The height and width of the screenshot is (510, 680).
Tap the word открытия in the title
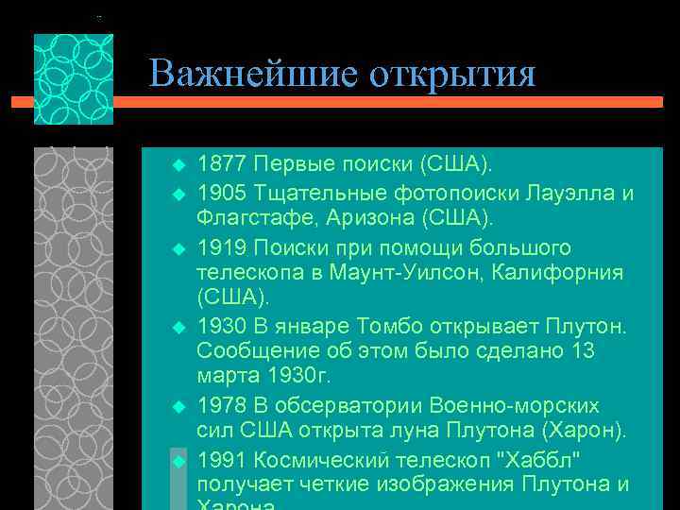coord(447,74)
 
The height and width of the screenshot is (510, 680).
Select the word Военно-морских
coord(514,405)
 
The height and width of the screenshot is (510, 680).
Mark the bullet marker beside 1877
coord(177,165)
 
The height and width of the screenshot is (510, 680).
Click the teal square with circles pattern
coord(74,79)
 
